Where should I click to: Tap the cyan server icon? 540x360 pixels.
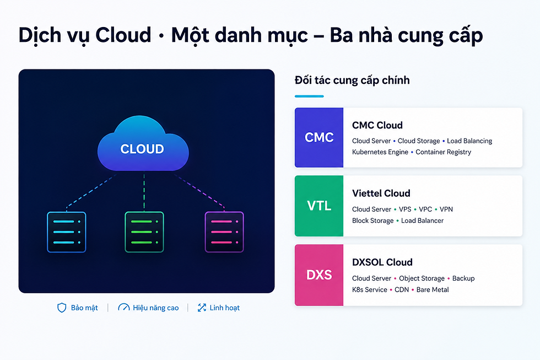pos(67,232)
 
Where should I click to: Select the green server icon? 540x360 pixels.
pos(144,232)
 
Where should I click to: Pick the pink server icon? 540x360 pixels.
pos(224,232)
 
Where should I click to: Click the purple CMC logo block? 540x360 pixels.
pos(319,137)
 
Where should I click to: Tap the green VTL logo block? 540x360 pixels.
pos(319,206)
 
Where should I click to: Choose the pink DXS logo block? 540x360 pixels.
pos(319,275)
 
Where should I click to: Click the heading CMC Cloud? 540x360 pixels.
pos(377,125)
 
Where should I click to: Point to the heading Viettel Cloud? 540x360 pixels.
pos(381,194)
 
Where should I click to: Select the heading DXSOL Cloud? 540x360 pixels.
pos(382,262)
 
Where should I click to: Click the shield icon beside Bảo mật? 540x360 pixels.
pos(62,308)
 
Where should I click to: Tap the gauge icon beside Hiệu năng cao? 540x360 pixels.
pos(123,307)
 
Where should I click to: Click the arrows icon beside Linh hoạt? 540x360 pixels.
pos(202,308)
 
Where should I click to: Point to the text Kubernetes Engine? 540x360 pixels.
pos(380,152)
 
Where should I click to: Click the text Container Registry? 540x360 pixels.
pos(443,152)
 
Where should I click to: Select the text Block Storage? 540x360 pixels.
pos(372,221)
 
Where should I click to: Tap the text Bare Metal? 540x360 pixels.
pos(433,290)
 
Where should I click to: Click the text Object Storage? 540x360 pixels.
pos(422,278)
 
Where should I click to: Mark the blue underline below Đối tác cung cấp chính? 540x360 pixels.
pos(309,96)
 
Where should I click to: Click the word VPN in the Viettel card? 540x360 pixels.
pos(446,209)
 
